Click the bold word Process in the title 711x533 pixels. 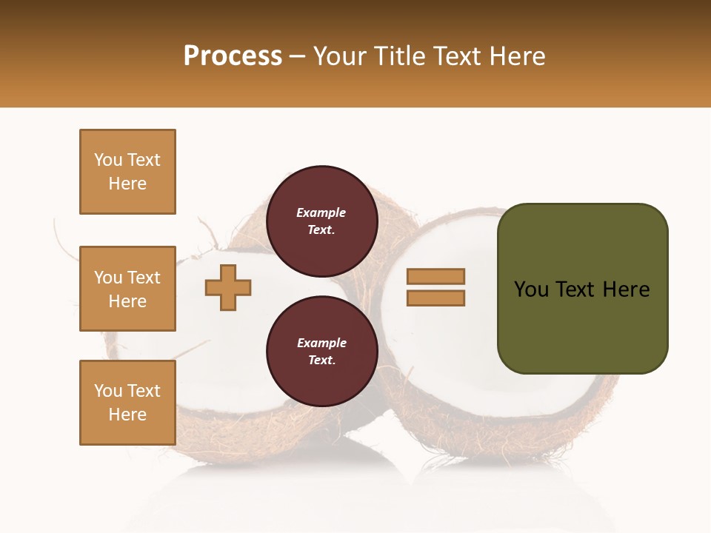click(x=233, y=56)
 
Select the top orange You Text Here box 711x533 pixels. click(x=127, y=172)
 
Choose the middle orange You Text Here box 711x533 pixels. click(x=127, y=289)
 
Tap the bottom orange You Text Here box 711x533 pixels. click(x=127, y=403)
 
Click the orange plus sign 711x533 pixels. click(x=228, y=287)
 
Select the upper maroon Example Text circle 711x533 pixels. click(x=321, y=221)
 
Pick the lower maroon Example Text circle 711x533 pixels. click(x=321, y=352)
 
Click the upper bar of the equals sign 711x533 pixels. click(x=435, y=277)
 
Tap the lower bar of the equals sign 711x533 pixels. click(x=435, y=298)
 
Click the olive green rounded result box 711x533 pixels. click(x=582, y=326)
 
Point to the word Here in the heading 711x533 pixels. click(x=516, y=56)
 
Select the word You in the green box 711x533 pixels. click(x=532, y=289)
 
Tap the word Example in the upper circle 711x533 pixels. click(x=321, y=213)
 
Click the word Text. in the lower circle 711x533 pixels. click(x=321, y=361)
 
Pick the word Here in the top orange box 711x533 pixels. click(x=127, y=184)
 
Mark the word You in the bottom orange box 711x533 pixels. click(x=108, y=391)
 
